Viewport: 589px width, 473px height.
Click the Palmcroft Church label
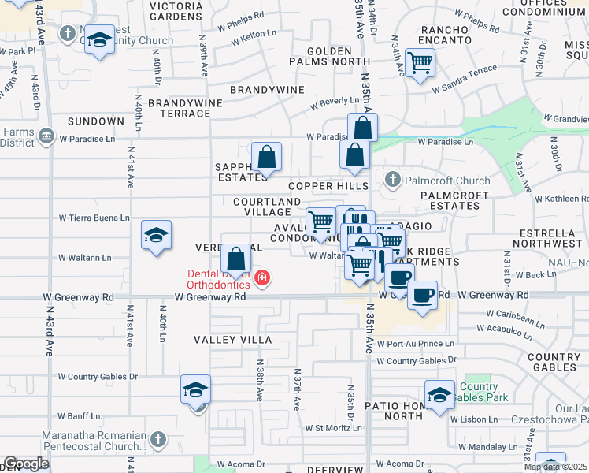tap(446, 181)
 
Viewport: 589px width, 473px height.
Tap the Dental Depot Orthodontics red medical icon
tap(262, 278)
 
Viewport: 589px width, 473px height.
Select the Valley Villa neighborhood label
tap(233, 340)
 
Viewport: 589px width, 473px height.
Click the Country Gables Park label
tap(479, 392)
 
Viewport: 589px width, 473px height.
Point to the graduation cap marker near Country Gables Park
tap(439, 394)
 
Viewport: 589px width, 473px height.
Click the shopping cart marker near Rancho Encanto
tap(420, 61)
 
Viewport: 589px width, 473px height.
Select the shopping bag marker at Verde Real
tap(235, 258)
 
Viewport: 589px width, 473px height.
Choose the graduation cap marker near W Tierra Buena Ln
tap(156, 235)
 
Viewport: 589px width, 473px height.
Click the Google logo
tap(26, 464)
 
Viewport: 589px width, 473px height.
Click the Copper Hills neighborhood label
tap(328, 186)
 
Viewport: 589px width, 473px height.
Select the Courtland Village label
tap(267, 207)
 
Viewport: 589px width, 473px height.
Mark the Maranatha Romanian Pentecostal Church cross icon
tap(157, 438)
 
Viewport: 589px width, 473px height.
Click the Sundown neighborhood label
tap(95, 121)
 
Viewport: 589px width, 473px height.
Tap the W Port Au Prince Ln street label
tap(415, 344)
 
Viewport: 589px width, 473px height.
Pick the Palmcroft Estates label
tap(450, 200)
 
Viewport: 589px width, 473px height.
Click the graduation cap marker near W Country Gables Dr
tap(196, 389)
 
